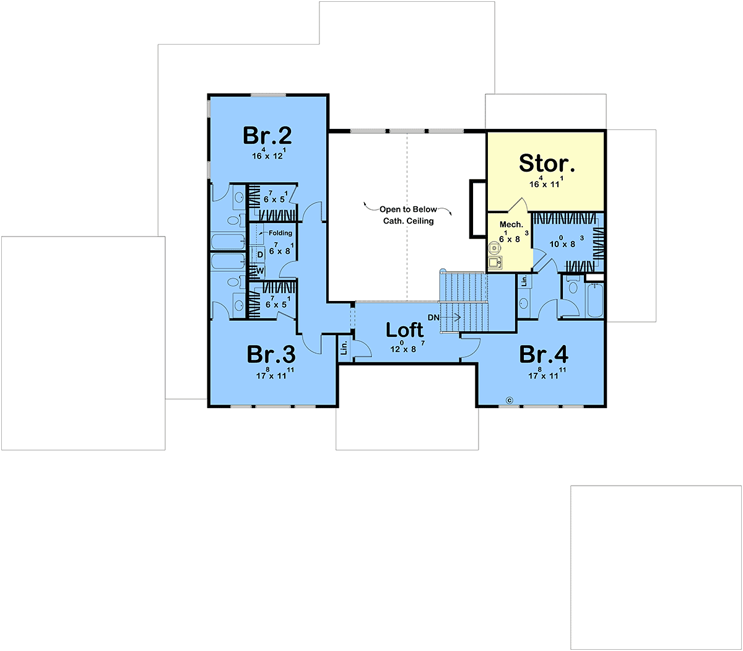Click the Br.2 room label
pos(267,136)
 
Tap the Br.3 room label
pos(271,354)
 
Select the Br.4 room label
pos(544,354)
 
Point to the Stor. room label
pos(547,163)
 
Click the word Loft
pos(404,330)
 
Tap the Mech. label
pos(511,224)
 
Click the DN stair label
pos(433,318)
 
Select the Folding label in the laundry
pos(280,233)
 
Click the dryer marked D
pos(260,255)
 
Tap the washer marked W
pos(260,271)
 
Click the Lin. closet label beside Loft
pos(344,347)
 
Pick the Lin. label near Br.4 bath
pos(524,281)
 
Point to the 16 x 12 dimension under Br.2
pos(269,154)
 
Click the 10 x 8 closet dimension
pos(567,242)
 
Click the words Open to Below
pos(408,209)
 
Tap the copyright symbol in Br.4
pos(510,400)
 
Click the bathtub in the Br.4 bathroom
pos(595,300)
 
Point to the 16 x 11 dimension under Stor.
pos(546,182)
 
